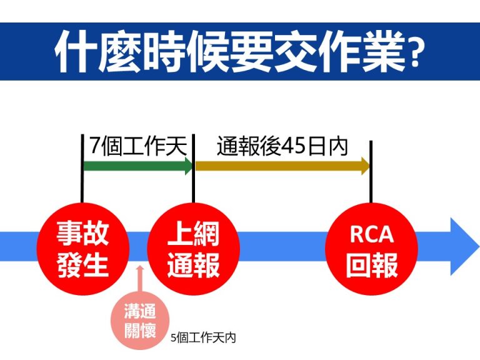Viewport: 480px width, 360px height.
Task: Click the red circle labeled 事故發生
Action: point(82,249)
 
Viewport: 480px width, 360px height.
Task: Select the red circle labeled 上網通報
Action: point(194,249)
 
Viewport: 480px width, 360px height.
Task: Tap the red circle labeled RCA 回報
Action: point(371,249)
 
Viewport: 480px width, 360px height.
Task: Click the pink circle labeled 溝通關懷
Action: point(140,320)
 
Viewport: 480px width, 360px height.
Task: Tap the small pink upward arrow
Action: point(140,278)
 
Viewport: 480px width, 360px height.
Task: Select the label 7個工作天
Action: point(138,147)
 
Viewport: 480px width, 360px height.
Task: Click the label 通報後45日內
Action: point(282,147)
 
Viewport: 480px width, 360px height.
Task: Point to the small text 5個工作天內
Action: point(203,338)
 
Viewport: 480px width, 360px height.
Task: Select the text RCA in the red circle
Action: point(371,235)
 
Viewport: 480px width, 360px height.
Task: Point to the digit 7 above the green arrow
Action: point(94,147)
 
